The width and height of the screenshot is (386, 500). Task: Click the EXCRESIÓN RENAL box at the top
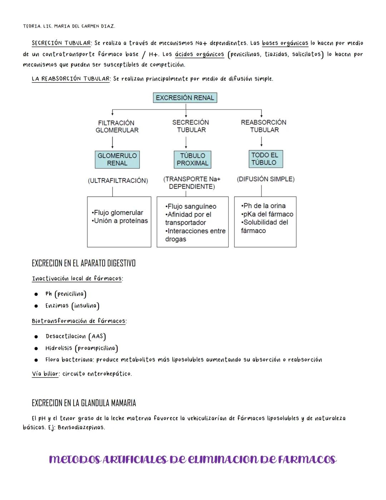coord(185,98)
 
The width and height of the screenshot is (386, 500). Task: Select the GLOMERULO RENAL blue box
coord(117,159)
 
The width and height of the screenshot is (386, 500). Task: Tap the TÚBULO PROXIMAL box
coord(192,159)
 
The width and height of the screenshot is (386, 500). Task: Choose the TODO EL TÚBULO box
coord(265,159)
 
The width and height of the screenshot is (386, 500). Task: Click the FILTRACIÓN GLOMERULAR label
coord(117,126)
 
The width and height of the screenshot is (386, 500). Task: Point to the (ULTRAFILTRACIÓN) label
coord(118,181)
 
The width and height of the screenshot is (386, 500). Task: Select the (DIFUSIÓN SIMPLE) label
coord(266,179)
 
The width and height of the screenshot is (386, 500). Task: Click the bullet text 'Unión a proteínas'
coord(120,221)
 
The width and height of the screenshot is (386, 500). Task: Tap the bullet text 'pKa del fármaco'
coord(267,214)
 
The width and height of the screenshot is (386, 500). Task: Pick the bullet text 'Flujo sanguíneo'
coord(191,207)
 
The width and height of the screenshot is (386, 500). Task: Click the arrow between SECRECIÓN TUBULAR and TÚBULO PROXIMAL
coord(186,143)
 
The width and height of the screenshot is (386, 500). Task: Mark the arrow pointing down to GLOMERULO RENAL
coord(113,143)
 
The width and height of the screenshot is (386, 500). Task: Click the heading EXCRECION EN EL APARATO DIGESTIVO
coord(84,263)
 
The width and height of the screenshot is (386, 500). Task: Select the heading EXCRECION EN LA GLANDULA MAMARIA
coord(84,403)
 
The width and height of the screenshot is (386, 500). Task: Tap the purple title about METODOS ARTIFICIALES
coord(193,460)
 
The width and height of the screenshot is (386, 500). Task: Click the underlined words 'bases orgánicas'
coord(285,43)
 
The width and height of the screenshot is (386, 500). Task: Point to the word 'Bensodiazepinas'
coord(81,427)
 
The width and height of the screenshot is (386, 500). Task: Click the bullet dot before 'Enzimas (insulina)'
coord(36,306)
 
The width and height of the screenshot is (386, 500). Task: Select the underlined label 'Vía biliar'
coord(45,374)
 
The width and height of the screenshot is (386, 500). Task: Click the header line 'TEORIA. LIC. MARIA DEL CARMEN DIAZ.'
coord(69,26)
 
